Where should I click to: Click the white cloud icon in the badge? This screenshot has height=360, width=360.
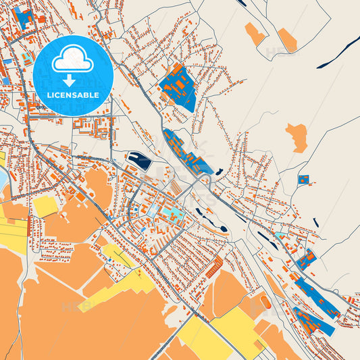click(x=72, y=60)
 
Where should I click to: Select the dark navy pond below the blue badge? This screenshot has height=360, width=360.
click(x=140, y=161)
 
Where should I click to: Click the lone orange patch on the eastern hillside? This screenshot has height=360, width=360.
click(x=297, y=137)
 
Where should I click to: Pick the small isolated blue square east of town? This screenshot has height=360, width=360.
click(x=303, y=180)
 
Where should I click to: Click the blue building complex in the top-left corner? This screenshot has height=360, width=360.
click(x=25, y=18)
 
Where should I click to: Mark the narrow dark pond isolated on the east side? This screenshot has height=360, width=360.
click(x=316, y=222)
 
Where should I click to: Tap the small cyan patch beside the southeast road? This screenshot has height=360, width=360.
click(x=280, y=236)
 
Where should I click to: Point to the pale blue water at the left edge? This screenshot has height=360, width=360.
click(x=3, y=177)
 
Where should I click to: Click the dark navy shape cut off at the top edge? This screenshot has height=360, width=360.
click(x=242, y=3)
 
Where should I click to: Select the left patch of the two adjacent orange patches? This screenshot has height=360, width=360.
click(x=255, y=33)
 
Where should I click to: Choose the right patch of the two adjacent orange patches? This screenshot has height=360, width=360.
click(x=288, y=41)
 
